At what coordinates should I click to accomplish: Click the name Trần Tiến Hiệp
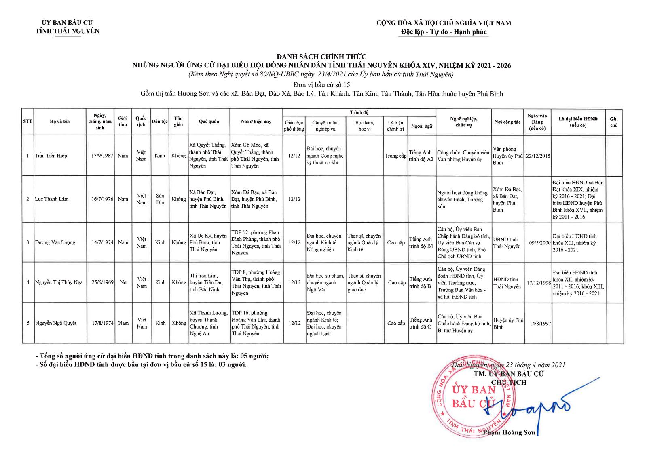[x=51, y=156]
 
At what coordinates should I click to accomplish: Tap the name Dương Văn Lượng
[x=55, y=242]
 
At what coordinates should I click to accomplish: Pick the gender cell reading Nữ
[x=123, y=282]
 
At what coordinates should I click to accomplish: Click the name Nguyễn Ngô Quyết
[x=56, y=323]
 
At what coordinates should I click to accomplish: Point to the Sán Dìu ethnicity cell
[x=160, y=199]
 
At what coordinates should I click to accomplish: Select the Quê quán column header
[x=209, y=122]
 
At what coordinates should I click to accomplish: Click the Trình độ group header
[x=359, y=112]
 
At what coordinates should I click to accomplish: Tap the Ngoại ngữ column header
[x=422, y=126]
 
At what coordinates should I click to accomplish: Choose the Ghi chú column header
[x=614, y=122]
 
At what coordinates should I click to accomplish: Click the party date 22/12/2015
[x=538, y=156]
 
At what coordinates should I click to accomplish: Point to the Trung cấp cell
[x=395, y=156]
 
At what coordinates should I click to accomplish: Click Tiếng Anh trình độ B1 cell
[x=421, y=242]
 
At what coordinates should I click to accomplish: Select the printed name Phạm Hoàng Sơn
[x=509, y=432]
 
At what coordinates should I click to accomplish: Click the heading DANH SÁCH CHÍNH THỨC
[x=321, y=57]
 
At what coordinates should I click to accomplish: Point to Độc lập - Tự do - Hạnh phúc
[x=444, y=32]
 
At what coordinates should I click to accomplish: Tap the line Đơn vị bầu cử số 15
[x=321, y=85]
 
